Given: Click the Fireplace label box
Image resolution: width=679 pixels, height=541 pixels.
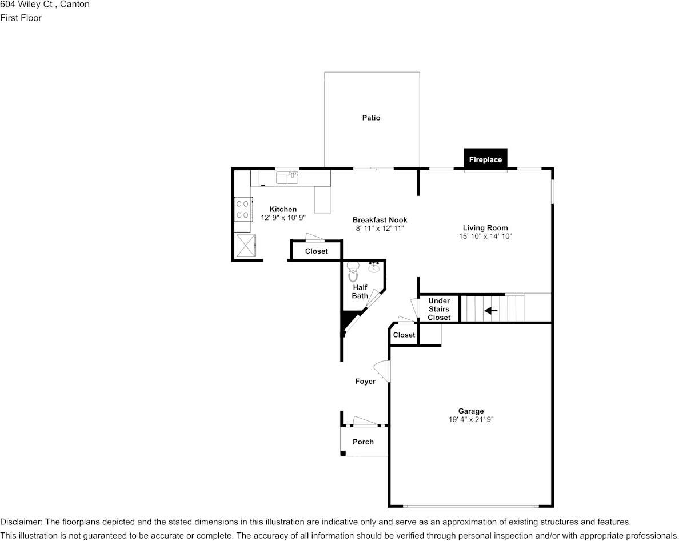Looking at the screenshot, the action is click(x=485, y=159).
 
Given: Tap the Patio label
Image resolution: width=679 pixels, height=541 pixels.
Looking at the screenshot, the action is click(x=371, y=118).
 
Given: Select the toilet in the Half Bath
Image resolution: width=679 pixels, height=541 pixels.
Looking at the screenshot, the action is click(x=353, y=271).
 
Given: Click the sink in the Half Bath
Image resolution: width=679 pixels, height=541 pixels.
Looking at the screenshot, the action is click(x=374, y=267).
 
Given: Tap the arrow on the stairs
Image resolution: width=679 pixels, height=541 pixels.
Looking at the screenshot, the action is click(x=490, y=310).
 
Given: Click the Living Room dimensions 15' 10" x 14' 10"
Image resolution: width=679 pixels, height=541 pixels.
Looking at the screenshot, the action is click(x=485, y=237).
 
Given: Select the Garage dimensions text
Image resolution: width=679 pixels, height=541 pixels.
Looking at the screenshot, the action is click(x=471, y=419).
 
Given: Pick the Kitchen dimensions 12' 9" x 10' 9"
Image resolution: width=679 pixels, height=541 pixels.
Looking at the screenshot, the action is click(x=283, y=218).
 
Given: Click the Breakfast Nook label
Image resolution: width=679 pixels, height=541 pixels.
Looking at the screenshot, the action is click(x=380, y=220).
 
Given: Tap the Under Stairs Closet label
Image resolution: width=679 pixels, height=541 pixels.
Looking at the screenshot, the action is click(x=439, y=309).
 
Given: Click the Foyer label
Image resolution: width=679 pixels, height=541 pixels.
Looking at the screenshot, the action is click(x=365, y=381).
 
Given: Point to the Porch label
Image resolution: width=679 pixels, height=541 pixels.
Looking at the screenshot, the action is click(x=363, y=442).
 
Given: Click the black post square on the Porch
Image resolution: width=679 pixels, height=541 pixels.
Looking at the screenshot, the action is click(x=343, y=453).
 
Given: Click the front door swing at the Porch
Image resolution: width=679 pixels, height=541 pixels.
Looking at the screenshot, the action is click(x=365, y=421).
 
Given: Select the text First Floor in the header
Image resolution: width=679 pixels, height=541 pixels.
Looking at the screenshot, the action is click(x=21, y=18).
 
